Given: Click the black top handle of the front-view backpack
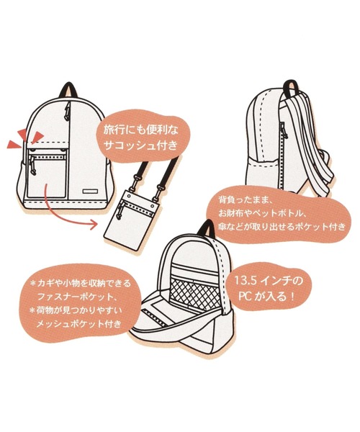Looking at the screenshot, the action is point(68,91).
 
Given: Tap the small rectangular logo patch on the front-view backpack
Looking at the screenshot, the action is point(90,192).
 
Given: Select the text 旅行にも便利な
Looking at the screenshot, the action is point(140,130).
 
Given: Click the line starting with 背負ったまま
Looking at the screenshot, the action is point(246,199).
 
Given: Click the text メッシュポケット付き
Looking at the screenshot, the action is point(78,323).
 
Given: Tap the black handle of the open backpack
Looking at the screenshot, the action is point(209,228).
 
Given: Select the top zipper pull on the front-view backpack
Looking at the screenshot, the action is point(66,112).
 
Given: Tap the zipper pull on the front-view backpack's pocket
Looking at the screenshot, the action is point(33,166).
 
